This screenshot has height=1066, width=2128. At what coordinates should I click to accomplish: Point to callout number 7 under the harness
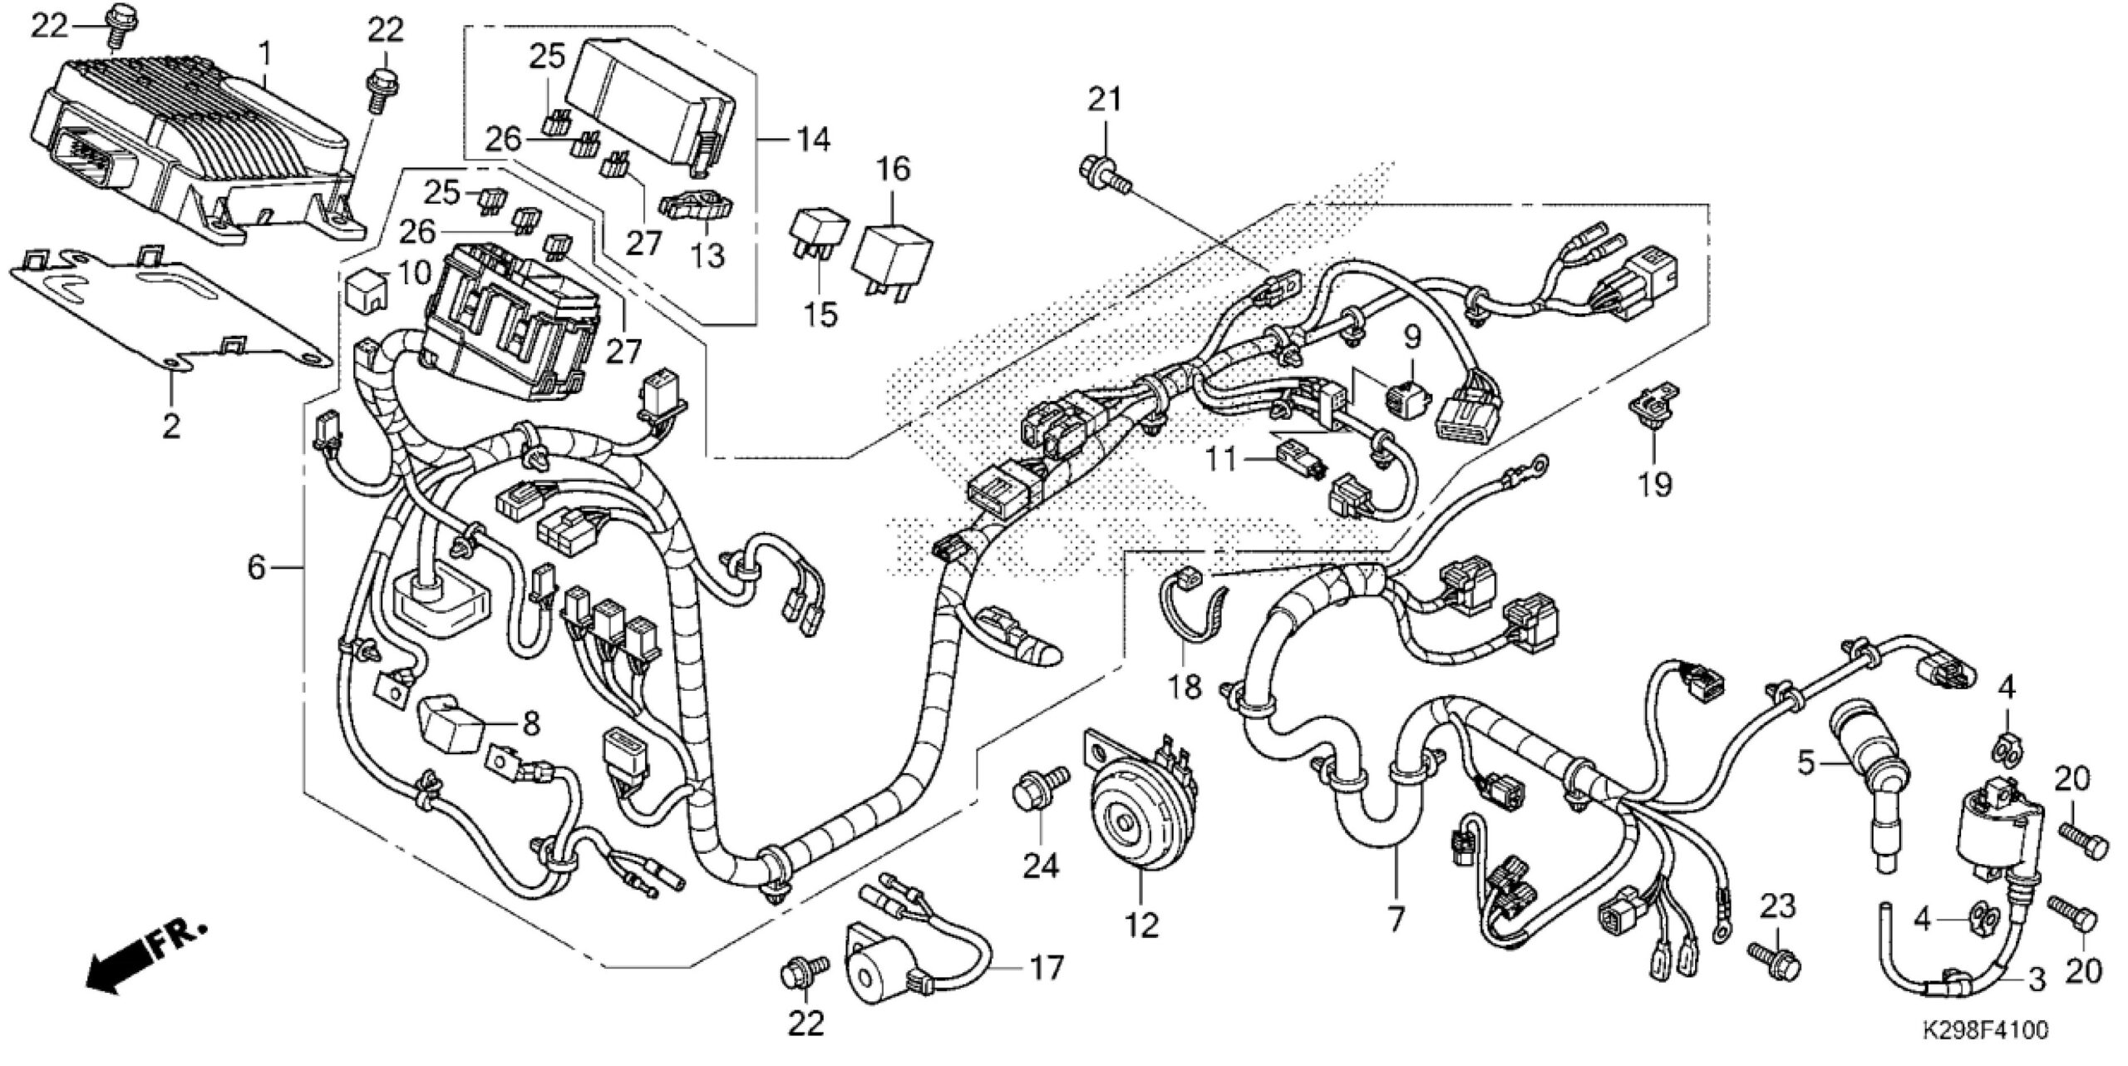tap(1394, 918)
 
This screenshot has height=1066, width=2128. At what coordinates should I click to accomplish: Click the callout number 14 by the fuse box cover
tap(811, 139)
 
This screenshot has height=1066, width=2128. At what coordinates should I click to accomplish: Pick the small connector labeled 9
tap(1410, 391)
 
